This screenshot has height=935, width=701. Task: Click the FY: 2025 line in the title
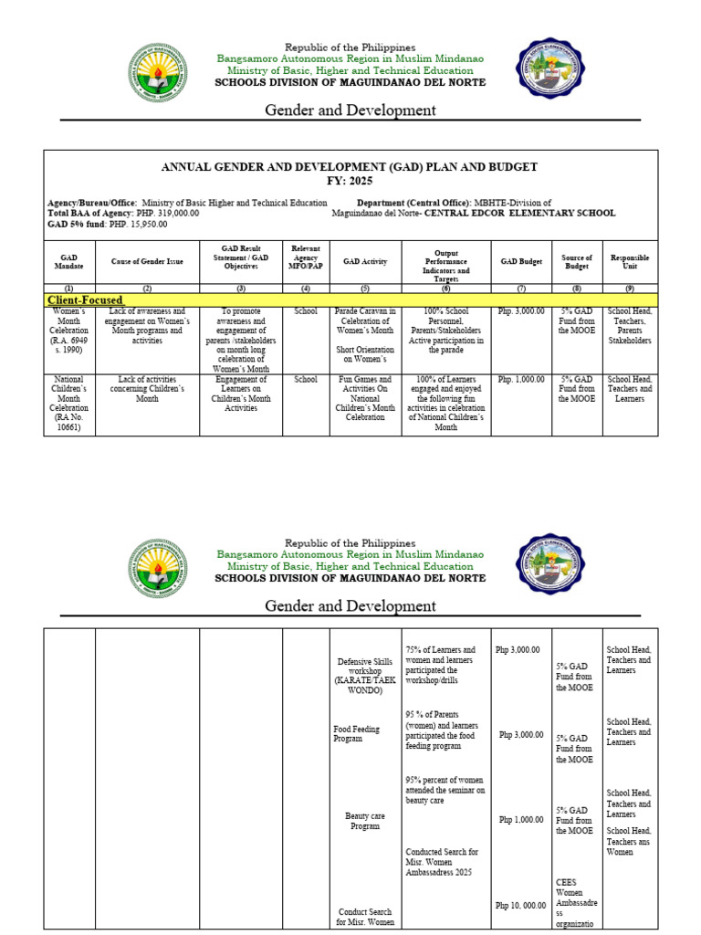click(350, 181)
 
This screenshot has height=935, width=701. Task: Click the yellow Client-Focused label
click(85, 299)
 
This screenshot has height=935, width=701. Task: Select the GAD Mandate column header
click(69, 261)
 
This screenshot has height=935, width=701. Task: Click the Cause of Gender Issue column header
click(147, 261)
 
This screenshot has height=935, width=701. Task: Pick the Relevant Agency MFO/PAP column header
click(305, 261)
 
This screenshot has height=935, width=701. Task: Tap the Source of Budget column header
click(577, 263)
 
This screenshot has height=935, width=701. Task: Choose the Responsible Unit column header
click(630, 263)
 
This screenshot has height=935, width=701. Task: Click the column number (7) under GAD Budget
click(521, 289)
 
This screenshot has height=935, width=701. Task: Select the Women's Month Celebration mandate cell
click(69, 331)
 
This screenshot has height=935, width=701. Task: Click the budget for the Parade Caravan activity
click(521, 312)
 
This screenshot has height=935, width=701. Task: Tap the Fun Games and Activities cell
click(364, 399)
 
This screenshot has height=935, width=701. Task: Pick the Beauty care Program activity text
click(364, 821)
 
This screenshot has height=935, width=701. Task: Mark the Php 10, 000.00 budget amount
click(521, 905)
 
